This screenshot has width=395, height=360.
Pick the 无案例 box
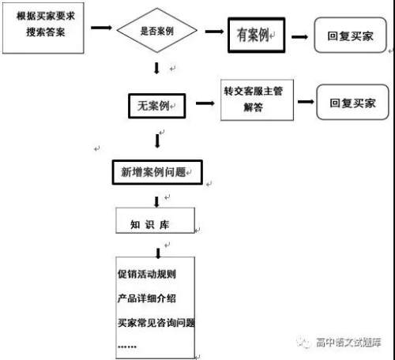point(154,103)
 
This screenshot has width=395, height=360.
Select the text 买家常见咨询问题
point(156,322)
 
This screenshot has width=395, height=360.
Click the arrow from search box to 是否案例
point(101,28)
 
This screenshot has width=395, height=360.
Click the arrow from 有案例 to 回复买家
point(301,36)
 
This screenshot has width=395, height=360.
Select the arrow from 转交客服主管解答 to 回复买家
point(301,102)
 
